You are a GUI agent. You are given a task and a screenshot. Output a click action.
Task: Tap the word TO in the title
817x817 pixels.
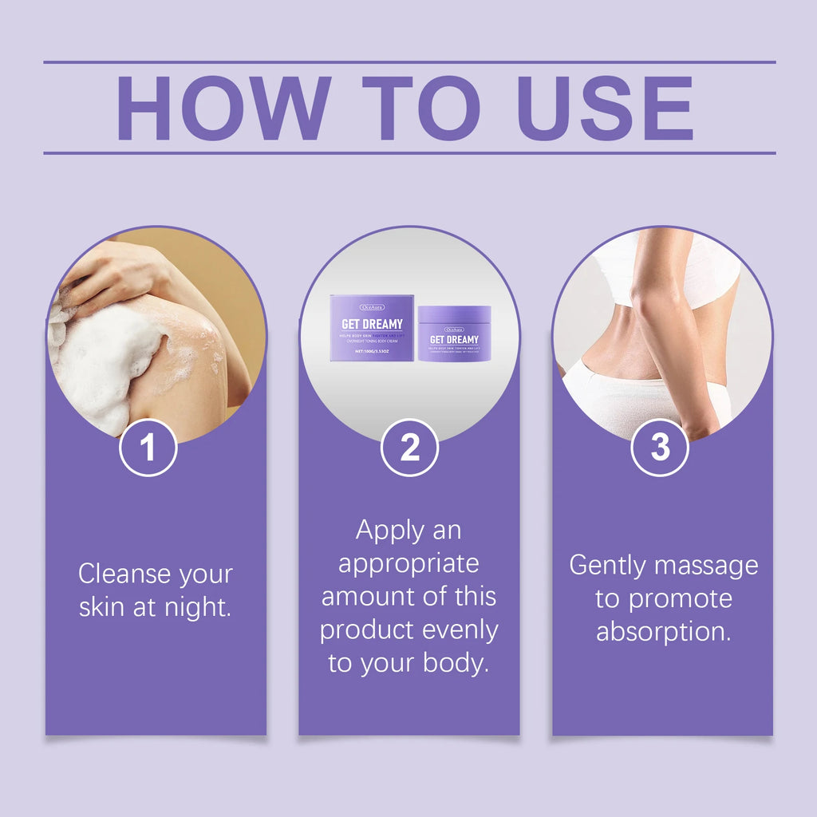[x=424, y=109]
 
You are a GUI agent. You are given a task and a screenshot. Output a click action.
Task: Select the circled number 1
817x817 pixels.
[x=148, y=448]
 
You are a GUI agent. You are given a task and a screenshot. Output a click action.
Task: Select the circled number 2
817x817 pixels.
[x=409, y=448]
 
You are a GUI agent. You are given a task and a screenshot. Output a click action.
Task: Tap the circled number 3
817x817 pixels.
[x=660, y=448]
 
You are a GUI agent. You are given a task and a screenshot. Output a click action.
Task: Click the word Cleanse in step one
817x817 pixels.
[x=124, y=574]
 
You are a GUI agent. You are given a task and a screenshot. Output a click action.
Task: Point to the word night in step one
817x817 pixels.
[x=196, y=608]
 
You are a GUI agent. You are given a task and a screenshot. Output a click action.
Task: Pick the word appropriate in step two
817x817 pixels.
[x=409, y=564]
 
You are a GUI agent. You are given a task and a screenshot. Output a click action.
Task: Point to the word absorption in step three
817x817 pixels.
[x=664, y=632]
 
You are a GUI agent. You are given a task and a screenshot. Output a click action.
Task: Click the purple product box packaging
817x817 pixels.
[x=372, y=328]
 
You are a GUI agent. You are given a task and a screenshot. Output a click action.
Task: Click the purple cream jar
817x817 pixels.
[x=454, y=334]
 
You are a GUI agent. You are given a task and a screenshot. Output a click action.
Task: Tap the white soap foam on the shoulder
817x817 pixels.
[x=104, y=363]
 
